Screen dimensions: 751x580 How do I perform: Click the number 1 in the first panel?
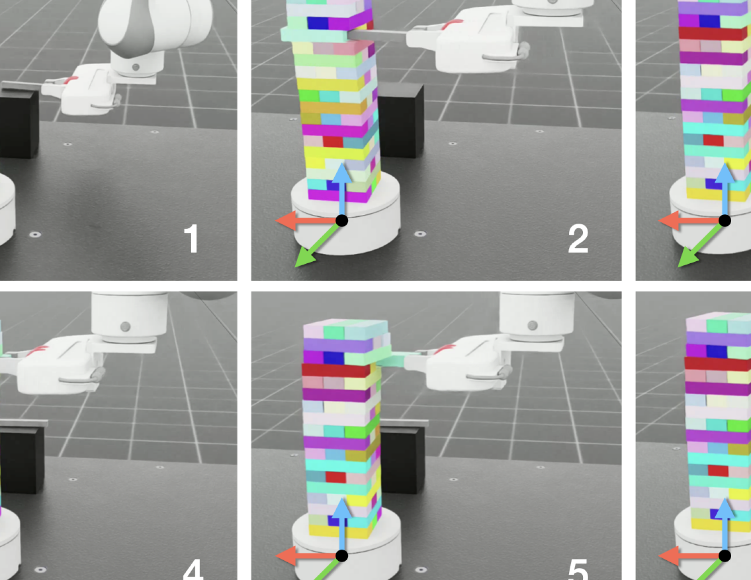tap(191, 239)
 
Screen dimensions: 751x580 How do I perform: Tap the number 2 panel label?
tap(578, 239)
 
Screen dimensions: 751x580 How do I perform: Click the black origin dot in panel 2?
tap(342, 220)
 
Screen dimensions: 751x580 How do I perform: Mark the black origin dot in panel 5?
tap(342, 556)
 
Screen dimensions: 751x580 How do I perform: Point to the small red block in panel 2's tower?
tap(333, 141)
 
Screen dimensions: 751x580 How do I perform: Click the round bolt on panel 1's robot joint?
tap(136, 67)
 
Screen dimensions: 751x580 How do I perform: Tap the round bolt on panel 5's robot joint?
tap(533, 325)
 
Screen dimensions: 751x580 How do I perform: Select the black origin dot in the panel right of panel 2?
tap(725, 220)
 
